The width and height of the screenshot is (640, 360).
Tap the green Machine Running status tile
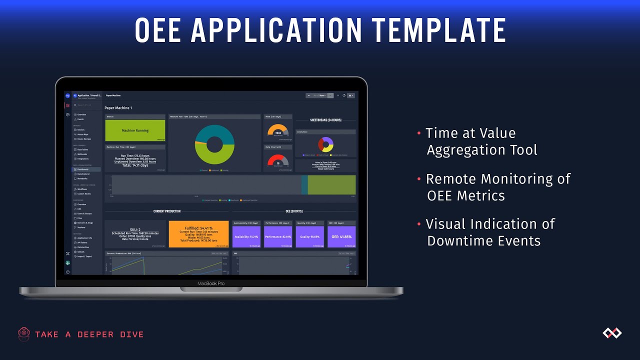click(x=135, y=130)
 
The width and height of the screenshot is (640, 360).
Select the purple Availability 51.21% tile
click(x=246, y=236)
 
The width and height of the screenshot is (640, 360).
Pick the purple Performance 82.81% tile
click(x=278, y=236)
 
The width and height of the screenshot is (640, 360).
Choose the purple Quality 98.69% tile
click(x=309, y=236)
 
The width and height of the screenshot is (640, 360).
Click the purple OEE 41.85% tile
click(x=341, y=236)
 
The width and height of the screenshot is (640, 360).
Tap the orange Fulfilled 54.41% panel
click(x=198, y=234)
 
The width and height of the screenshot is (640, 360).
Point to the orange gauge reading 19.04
click(x=278, y=131)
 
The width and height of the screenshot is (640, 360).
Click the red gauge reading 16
click(x=278, y=161)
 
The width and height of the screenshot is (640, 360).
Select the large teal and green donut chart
click(x=214, y=144)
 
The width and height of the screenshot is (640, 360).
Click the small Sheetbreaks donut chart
click(x=326, y=144)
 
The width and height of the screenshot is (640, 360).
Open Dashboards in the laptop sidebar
click(x=82, y=169)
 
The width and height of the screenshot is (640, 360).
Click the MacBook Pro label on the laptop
click(x=211, y=283)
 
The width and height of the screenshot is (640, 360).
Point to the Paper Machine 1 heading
click(x=118, y=107)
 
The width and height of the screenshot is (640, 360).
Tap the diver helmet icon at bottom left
click(x=24, y=334)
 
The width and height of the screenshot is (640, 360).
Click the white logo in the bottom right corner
click(x=611, y=333)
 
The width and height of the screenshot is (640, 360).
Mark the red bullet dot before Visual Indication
click(x=418, y=224)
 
